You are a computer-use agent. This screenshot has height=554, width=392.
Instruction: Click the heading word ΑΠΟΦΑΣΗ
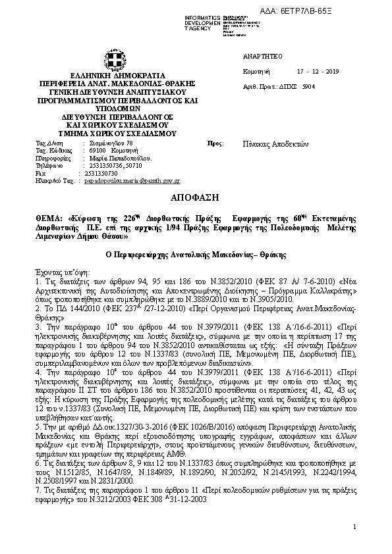tap(196, 197)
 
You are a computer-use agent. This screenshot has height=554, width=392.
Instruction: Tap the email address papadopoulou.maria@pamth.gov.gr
tap(132, 180)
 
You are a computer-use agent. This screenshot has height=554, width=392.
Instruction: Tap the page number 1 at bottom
tap(354, 526)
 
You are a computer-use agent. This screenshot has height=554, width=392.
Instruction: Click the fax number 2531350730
tap(100, 173)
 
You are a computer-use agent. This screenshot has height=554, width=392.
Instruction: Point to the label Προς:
tap(214, 143)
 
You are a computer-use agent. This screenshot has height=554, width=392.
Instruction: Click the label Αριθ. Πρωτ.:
tap(258, 86)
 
